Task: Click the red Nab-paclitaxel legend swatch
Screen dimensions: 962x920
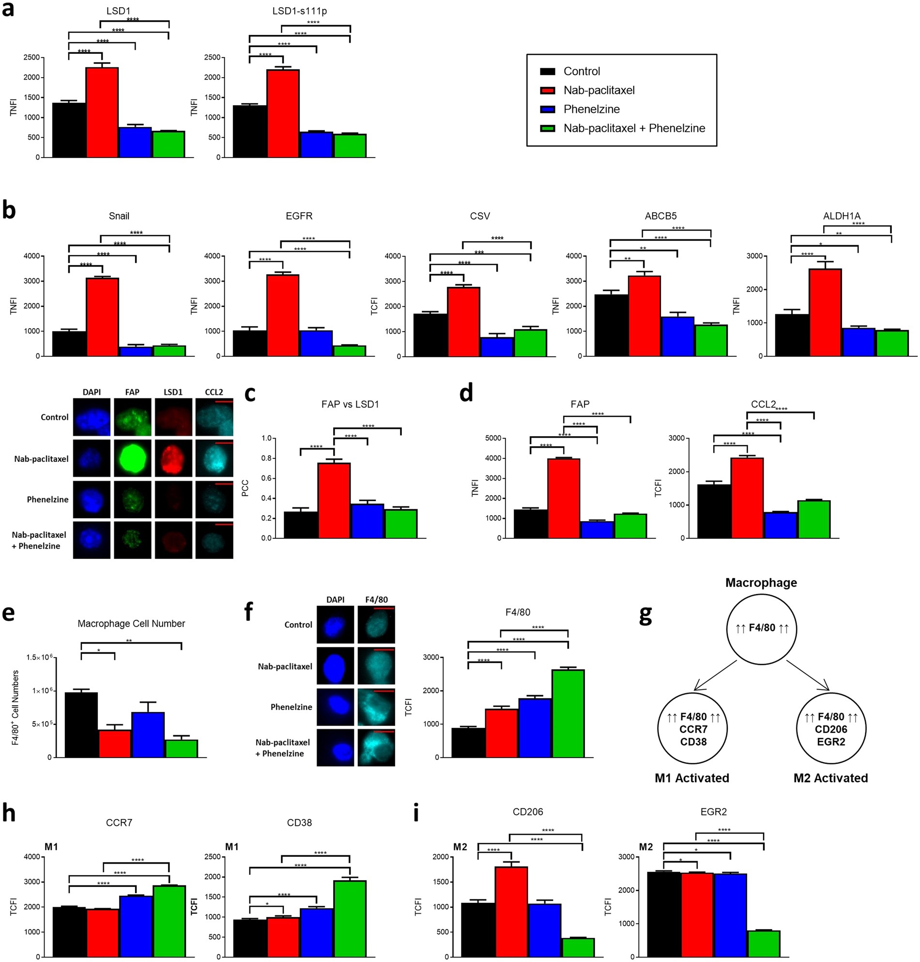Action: click(547, 90)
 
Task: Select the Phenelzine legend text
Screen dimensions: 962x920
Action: click(591, 109)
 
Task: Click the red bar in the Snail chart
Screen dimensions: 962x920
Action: click(103, 316)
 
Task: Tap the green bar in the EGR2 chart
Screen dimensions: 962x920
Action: click(764, 944)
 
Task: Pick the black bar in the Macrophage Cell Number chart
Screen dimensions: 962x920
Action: click(81, 725)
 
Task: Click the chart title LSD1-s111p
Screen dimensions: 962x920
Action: click(299, 11)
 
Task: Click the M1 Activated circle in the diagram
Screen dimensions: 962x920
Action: click(693, 729)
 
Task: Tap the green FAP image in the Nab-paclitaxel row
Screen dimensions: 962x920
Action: click(132, 458)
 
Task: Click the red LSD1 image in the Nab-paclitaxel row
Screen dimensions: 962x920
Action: click(173, 458)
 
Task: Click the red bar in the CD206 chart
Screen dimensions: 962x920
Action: click(511, 912)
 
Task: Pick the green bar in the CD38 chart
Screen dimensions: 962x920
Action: click(350, 918)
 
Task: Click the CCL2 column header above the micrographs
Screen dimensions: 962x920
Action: click(214, 392)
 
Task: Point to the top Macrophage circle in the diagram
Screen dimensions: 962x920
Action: click(762, 629)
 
